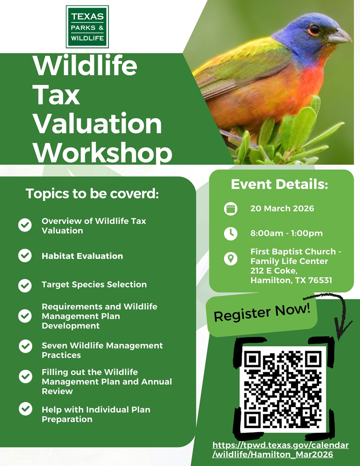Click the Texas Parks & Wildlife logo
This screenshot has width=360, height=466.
click(87, 27)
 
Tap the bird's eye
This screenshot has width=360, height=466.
click(314, 30)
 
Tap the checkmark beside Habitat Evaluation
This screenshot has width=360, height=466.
click(25, 256)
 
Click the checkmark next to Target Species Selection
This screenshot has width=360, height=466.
click(25, 285)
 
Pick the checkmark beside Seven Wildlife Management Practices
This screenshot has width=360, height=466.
click(25, 346)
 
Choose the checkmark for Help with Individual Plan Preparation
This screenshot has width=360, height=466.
click(25, 409)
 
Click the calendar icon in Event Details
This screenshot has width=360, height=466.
click(230, 209)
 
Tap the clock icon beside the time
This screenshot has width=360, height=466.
click(230, 233)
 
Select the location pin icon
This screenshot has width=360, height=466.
click(230, 259)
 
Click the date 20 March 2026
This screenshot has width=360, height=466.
click(282, 208)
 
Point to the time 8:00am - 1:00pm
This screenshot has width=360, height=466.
click(286, 233)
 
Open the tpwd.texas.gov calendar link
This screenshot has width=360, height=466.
click(280, 450)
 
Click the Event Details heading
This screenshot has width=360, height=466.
click(279, 184)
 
